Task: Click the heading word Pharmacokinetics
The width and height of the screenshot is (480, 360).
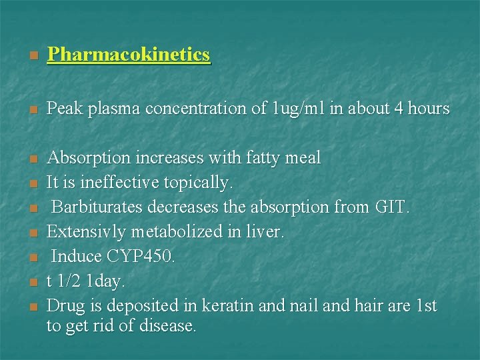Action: pyautogui.click(x=129, y=55)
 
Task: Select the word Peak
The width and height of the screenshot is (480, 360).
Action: pyautogui.click(x=63, y=108)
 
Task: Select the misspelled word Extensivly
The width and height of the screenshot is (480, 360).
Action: pyautogui.click(x=89, y=232)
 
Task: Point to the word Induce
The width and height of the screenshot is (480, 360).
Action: pyautogui.click(x=75, y=257)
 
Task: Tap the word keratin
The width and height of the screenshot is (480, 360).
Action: pyautogui.click(x=235, y=306)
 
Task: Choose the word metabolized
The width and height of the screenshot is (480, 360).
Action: pyautogui.click(x=179, y=232)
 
